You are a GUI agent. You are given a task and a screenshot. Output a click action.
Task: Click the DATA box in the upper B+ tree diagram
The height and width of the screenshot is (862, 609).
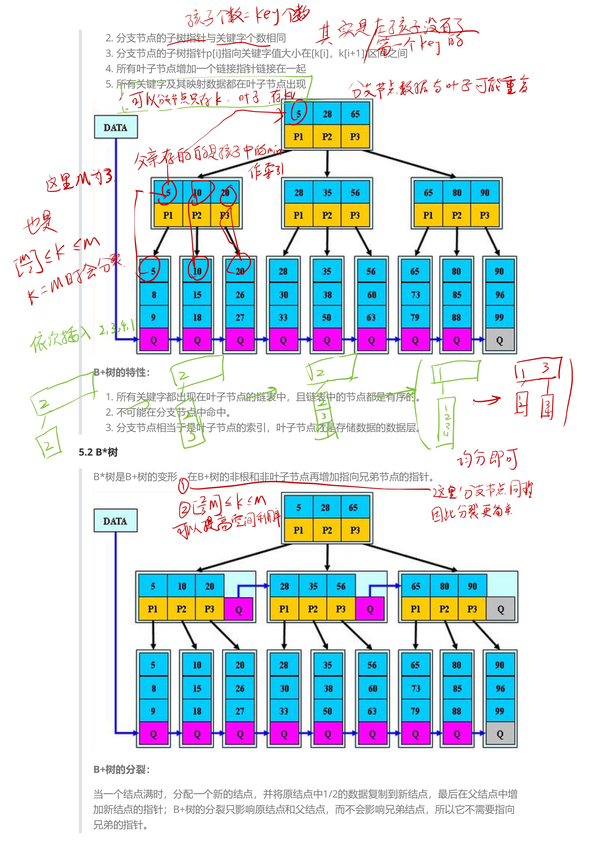[x=116, y=127]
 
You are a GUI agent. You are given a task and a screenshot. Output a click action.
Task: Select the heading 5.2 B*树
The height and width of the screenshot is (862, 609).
[x=98, y=452]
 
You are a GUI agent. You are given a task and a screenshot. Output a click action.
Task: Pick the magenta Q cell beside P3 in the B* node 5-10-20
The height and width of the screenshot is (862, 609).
[x=238, y=609]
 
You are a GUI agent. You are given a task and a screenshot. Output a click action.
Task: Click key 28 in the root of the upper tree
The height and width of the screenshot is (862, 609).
[x=327, y=114]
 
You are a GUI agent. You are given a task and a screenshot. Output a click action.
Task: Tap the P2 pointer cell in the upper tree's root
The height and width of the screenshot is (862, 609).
[x=327, y=137]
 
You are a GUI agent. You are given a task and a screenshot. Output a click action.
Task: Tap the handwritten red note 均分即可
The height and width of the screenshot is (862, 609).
[x=487, y=459]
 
